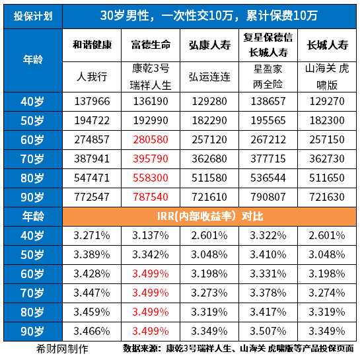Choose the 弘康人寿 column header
[209, 46]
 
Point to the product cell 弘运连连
[209, 77]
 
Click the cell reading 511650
[326, 178]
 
